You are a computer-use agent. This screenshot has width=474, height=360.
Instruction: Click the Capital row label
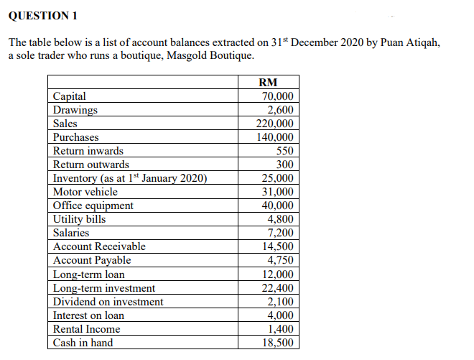(70, 96)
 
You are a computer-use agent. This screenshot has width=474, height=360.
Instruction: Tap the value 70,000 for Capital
(278, 96)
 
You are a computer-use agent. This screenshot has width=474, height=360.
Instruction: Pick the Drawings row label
(75, 110)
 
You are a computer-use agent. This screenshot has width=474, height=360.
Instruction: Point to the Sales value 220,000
(275, 124)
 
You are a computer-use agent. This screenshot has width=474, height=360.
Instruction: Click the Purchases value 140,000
(275, 137)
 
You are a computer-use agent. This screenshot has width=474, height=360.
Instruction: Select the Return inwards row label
(88, 151)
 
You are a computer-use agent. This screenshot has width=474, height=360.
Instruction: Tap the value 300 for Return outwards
(284, 165)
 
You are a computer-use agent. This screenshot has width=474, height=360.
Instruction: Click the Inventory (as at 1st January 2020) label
(130, 178)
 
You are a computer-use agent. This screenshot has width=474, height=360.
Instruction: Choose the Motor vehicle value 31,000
(278, 192)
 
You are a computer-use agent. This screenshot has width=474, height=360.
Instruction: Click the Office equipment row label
(93, 206)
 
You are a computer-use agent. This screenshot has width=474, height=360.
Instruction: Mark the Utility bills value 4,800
(281, 219)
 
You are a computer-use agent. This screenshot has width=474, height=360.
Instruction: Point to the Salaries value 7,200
(281, 233)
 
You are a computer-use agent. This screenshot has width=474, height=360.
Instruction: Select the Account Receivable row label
(99, 246)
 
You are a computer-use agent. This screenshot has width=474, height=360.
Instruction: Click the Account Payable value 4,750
(281, 260)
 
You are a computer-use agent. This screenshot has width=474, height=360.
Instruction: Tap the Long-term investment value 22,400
(278, 288)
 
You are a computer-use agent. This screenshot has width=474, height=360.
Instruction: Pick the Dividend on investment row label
(108, 302)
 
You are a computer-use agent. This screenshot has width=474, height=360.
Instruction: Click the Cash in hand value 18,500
(278, 343)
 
